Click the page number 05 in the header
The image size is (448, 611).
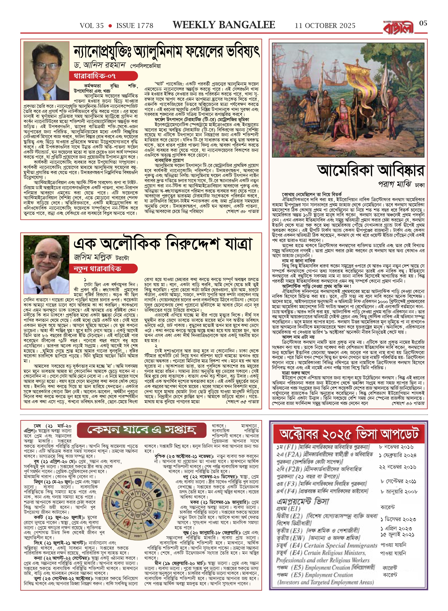pos(423,23)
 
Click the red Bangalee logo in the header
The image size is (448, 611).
pos(398,27)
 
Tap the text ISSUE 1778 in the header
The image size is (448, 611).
pos(135,26)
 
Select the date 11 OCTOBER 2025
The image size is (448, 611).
pos(325,26)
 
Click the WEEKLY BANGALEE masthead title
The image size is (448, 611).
pos(224,25)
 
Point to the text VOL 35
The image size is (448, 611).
pos(92,26)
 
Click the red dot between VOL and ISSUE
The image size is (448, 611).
pos(110,26)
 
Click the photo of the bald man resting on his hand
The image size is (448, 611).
pos(46,264)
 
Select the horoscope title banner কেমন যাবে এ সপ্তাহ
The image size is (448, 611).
pos(141,430)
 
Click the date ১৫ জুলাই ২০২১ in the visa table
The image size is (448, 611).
pos(397,534)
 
